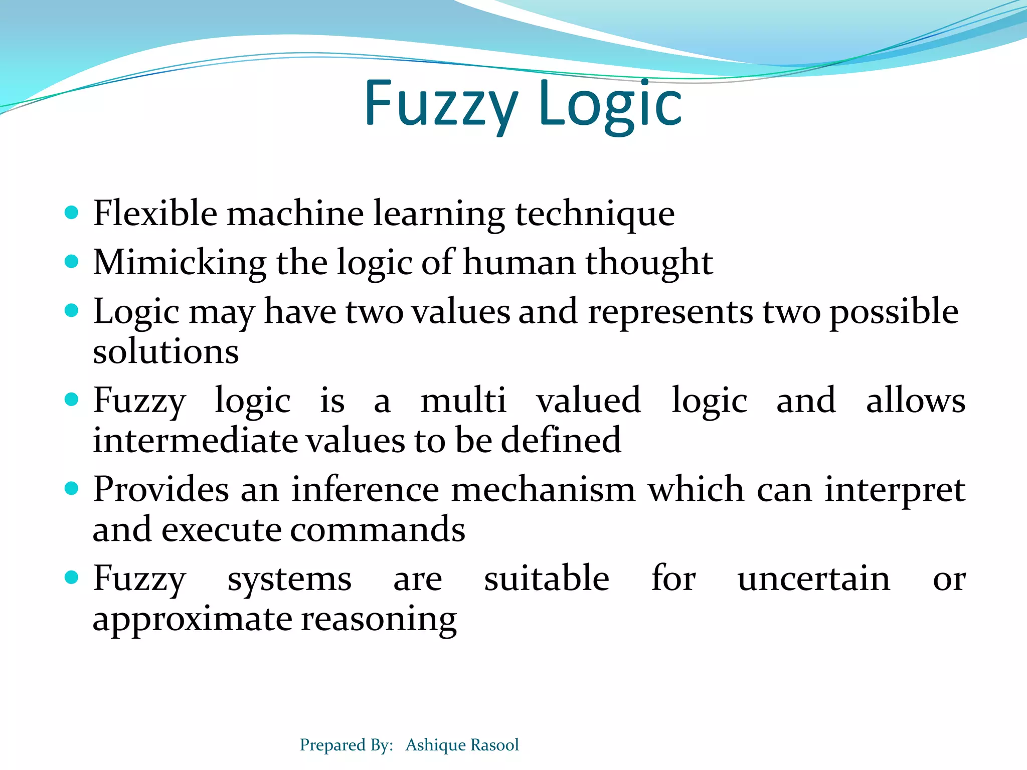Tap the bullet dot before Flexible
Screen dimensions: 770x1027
click(x=72, y=213)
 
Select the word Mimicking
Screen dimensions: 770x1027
click(x=180, y=263)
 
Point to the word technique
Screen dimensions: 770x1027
click(x=595, y=214)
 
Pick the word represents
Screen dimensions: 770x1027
click(x=670, y=312)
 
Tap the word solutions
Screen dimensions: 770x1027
click(x=165, y=351)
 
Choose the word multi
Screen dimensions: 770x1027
click(x=463, y=401)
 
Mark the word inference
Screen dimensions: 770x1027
click(x=366, y=489)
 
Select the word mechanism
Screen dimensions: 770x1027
click(x=543, y=489)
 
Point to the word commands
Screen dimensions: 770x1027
click(x=378, y=529)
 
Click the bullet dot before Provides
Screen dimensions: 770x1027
click(x=72, y=488)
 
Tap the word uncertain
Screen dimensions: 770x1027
click(x=813, y=579)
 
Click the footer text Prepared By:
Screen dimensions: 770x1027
click(x=346, y=745)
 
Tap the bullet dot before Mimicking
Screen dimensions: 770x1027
click(x=72, y=262)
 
